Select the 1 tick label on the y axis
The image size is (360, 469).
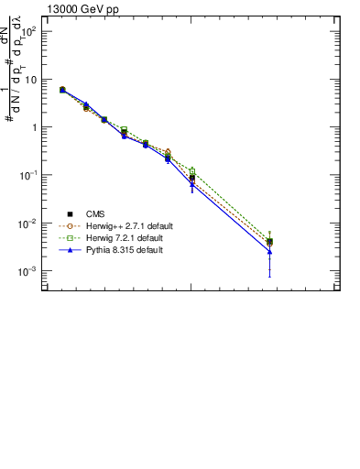35,127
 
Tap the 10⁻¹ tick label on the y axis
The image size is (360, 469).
29,175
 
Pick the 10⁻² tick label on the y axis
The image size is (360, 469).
29,224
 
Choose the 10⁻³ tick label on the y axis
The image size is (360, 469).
29,272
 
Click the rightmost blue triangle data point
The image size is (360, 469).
269,251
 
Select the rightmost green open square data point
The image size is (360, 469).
269,240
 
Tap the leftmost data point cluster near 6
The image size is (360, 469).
62,90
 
